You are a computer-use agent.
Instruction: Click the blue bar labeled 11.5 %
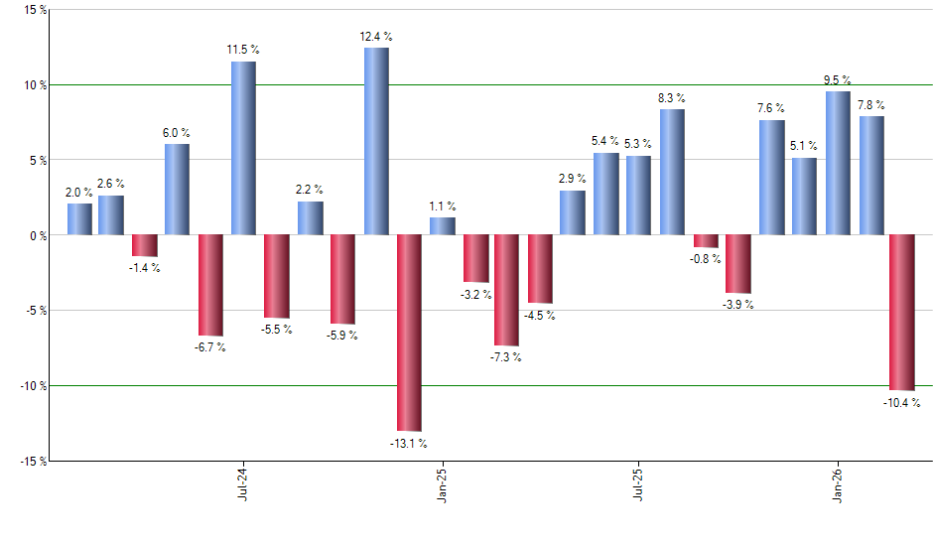(243, 148)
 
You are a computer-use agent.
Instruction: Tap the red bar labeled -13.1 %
(409, 333)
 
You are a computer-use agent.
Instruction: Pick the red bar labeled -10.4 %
(901, 313)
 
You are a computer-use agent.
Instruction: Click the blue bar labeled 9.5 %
(838, 163)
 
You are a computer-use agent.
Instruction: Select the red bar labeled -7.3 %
(506, 290)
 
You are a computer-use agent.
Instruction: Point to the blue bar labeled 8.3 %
(672, 172)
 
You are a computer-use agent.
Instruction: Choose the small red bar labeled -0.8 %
(706, 241)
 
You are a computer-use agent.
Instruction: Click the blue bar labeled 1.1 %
(442, 226)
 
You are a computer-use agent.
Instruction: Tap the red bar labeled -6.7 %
(210, 285)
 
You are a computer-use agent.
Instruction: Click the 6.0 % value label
(178, 133)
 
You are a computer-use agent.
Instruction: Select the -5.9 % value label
(342, 336)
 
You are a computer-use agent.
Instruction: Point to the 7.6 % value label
(771, 108)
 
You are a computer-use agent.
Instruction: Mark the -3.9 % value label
(737, 305)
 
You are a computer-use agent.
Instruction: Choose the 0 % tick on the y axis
(37, 235)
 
